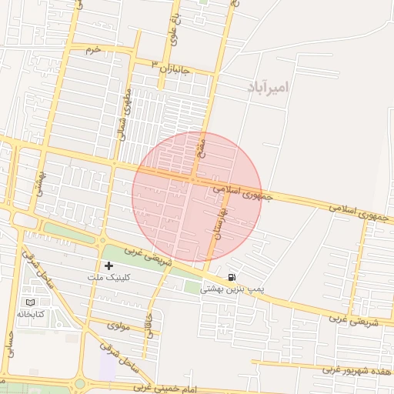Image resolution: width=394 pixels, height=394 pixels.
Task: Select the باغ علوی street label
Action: (175, 26)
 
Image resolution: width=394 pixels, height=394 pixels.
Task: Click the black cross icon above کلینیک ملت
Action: (109, 265)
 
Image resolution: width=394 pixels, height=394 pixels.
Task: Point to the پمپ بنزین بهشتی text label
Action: (232, 289)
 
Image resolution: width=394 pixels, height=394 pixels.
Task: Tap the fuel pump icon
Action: (232, 277)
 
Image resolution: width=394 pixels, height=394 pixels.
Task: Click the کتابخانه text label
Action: (31, 314)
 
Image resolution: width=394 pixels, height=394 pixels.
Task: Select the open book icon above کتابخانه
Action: (31, 302)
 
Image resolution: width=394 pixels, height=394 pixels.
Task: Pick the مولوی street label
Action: (119, 326)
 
